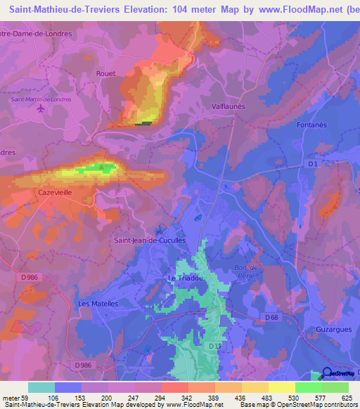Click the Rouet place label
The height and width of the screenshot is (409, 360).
[105, 73]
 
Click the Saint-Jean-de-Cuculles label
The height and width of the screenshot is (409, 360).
[149, 240]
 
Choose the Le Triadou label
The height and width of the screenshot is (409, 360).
[186, 278]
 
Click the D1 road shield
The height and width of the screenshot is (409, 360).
[313, 164]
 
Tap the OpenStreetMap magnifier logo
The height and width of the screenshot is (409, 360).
[328, 373]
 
